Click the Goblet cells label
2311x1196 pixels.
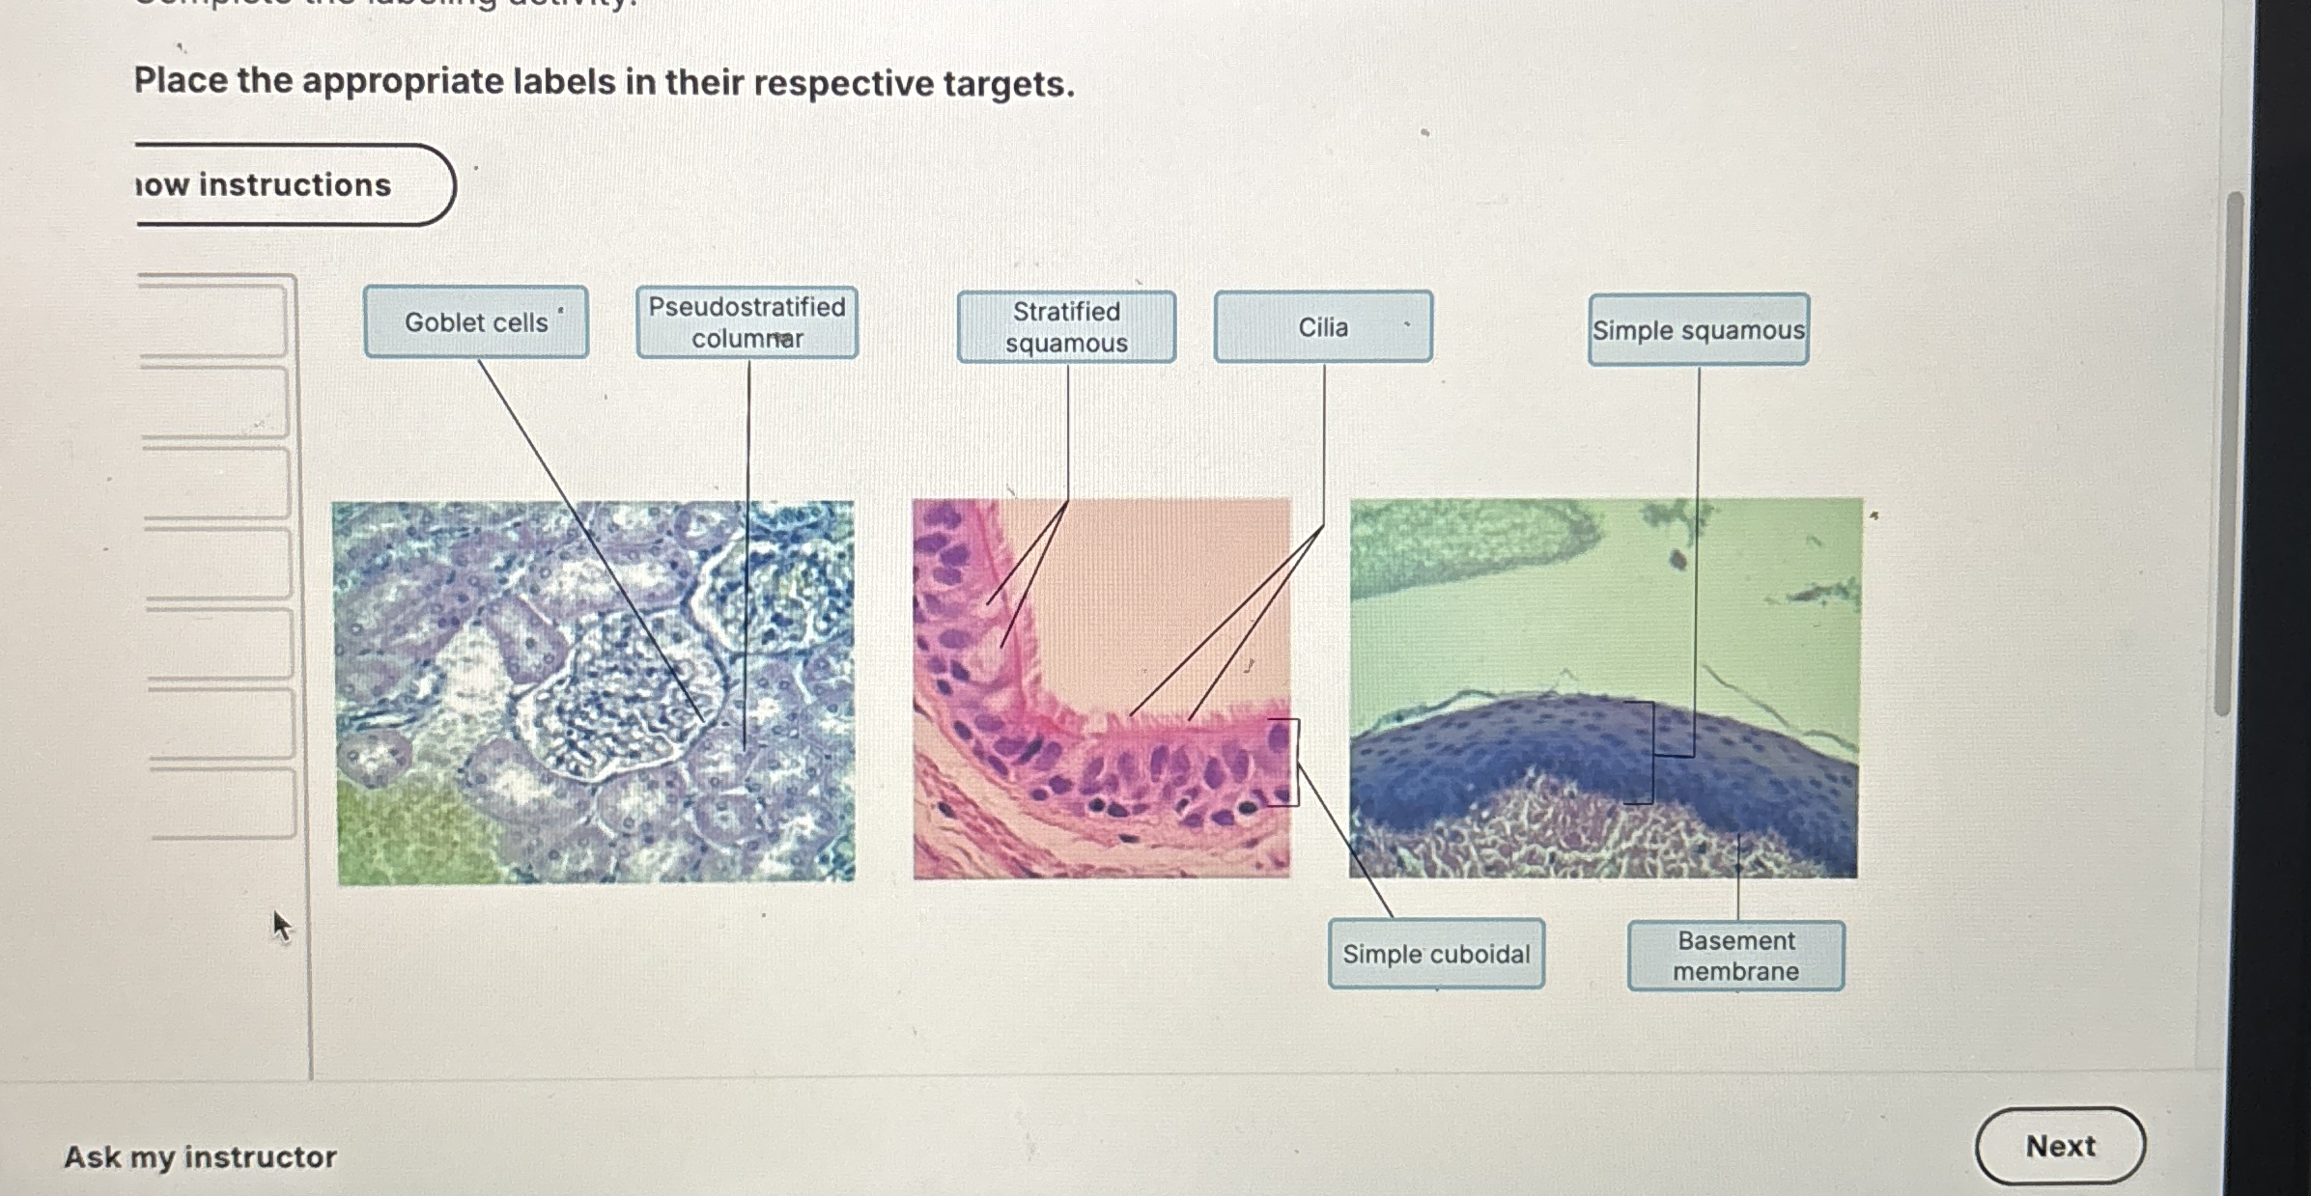(476, 322)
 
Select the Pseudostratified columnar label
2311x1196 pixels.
(747, 322)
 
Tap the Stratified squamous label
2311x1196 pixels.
(1066, 327)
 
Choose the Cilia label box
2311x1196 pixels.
(1323, 327)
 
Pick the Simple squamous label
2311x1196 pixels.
(1698, 330)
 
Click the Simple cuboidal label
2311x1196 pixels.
(1436, 954)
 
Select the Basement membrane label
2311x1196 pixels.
(1735, 956)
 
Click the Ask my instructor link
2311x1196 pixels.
(200, 1156)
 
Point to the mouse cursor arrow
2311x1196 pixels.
(280, 926)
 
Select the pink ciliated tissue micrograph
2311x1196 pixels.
(1102, 688)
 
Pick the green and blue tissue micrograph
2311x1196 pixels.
(1604, 687)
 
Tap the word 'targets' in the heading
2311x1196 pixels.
(1008, 84)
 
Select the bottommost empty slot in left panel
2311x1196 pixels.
(222, 803)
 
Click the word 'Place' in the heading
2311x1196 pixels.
(180, 80)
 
